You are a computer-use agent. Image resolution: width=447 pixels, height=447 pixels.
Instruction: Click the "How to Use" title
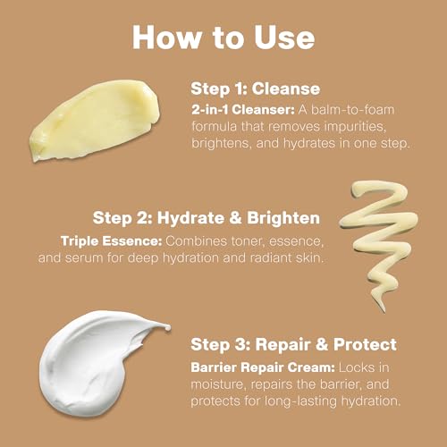tap(223, 37)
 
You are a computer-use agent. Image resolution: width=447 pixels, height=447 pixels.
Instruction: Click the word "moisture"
tap(222, 385)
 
